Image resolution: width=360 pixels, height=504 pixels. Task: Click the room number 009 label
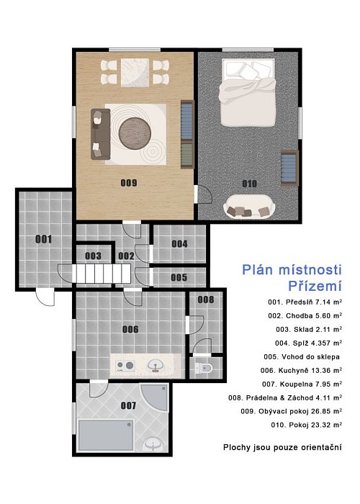point(129,183)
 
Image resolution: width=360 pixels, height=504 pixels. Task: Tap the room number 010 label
point(249,184)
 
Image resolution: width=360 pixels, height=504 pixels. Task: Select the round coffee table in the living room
point(135,133)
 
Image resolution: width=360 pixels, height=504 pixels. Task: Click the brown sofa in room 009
point(101,134)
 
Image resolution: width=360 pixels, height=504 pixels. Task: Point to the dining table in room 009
point(135,72)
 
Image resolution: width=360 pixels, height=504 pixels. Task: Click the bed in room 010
point(248,92)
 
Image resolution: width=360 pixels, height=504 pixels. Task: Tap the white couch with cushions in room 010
point(249,207)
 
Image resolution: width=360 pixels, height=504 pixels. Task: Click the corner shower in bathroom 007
point(157,396)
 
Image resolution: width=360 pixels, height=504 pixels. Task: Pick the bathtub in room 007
point(105,435)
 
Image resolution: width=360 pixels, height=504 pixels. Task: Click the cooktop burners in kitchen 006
point(125,366)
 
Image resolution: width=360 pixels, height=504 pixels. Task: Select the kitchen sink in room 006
point(156,366)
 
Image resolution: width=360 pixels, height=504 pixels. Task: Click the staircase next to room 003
point(102,274)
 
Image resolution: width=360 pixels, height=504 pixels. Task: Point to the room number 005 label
point(179,277)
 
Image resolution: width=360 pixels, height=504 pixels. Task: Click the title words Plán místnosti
point(292,269)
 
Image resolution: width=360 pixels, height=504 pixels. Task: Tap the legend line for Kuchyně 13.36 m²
point(301,370)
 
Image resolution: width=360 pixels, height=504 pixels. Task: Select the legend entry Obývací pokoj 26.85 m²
point(291,411)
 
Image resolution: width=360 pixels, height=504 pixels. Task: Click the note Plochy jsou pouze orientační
point(282,447)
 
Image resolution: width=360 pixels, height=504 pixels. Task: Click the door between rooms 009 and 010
point(202,194)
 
